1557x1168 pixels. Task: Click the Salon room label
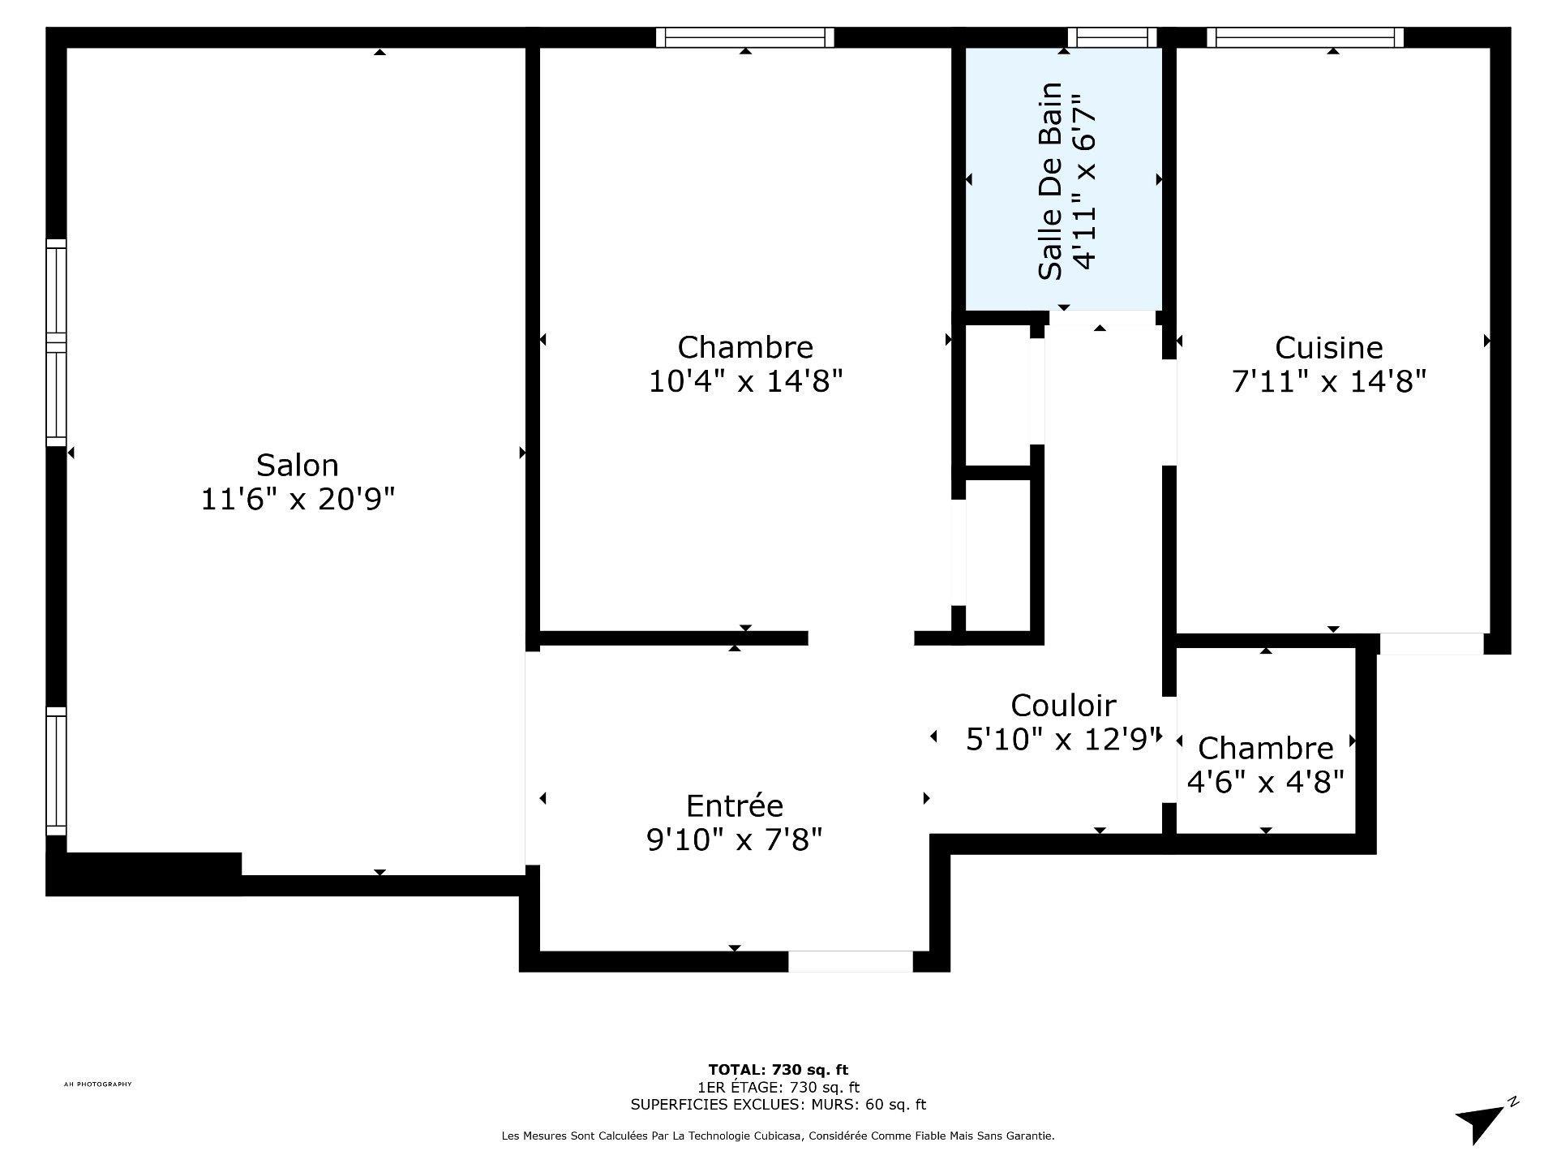coord(297,466)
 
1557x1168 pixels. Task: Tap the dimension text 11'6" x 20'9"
coord(297,500)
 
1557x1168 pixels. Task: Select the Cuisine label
coord(1328,348)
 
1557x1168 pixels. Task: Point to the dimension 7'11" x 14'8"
coord(1328,381)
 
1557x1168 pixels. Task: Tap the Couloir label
coord(1063,706)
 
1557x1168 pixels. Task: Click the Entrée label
coord(735,806)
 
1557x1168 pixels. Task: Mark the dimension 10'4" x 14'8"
coord(745,381)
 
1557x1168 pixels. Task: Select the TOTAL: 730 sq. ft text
coord(778,1070)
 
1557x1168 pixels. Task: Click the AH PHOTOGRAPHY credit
coord(97,1084)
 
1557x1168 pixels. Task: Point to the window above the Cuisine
coord(1304,37)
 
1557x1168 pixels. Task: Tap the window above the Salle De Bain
coord(1112,37)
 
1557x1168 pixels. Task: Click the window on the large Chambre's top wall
coord(744,37)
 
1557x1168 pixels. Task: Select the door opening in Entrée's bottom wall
coord(851,961)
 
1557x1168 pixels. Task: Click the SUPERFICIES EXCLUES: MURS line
coord(778,1105)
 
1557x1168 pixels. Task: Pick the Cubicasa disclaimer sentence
coord(778,1136)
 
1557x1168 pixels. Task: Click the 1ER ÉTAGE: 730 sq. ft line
coord(778,1088)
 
